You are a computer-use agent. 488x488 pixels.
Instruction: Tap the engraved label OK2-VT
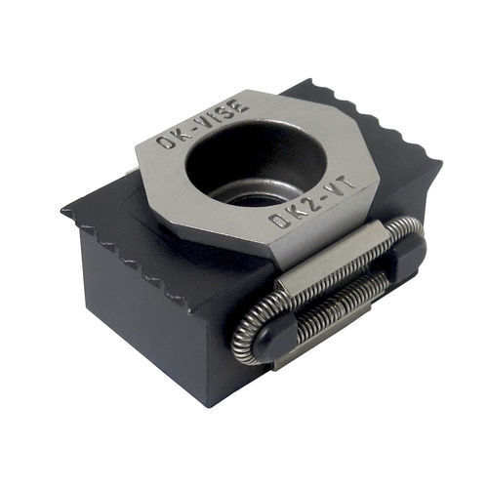click(311, 203)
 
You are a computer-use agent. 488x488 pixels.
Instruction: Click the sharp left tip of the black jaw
click(61, 210)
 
